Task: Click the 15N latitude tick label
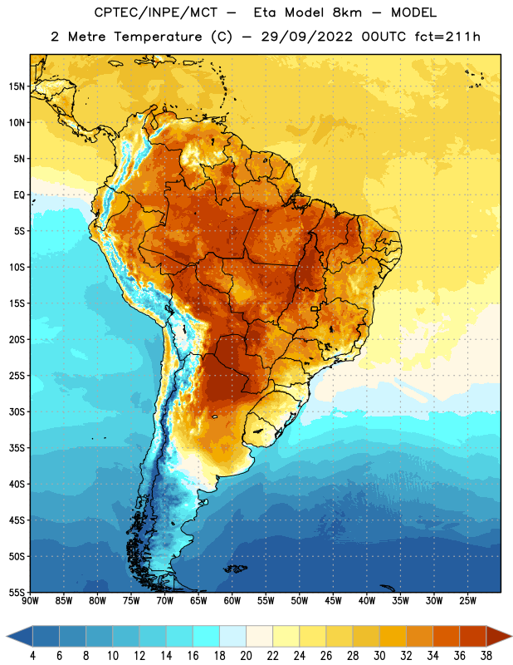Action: (x=17, y=86)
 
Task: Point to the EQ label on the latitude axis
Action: (x=19, y=195)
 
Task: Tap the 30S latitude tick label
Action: (x=17, y=411)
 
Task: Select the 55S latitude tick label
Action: (x=17, y=593)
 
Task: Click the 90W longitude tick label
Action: (x=30, y=601)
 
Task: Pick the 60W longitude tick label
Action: (x=232, y=601)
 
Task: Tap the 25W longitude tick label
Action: (x=467, y=601)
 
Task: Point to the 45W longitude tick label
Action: (x=333, y=601)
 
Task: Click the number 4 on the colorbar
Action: (x=32, y=656)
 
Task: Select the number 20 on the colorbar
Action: (x=246, y=656)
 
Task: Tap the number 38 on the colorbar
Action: (x=486, y=656)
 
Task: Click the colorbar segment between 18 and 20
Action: (x=232, y=637)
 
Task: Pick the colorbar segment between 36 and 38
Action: (x=473, y=637)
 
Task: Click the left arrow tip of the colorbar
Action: (x=7, y=637)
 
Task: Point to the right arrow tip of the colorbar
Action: (x=511, y=637)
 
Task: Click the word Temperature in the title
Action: (x=158, y=37)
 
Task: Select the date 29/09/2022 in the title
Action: (x=307, y=37)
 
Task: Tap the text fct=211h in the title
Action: (x=447, y=37)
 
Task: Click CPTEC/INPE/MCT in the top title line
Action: (x=155, y=12)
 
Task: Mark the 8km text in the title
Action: (x=347, y=12)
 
